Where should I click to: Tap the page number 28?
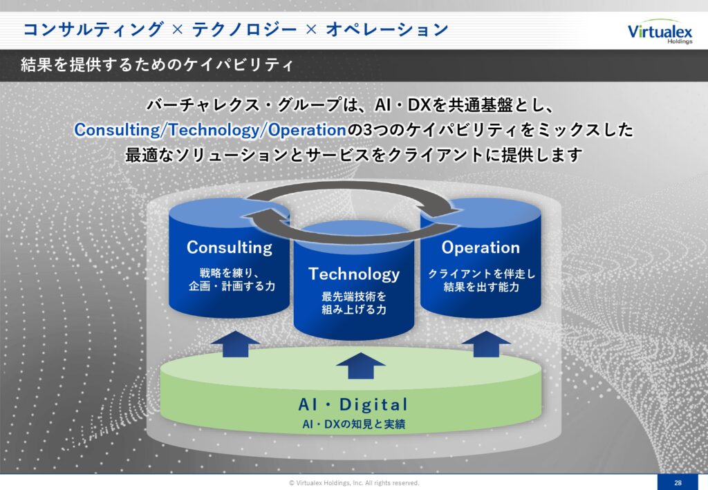[x=678, y=482]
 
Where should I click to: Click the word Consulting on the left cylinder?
[x=230, y=247]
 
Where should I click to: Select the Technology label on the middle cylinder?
[x=354, y=274]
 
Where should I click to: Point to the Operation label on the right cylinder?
[x=481, y=247]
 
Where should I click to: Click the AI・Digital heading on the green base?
[x=353, y=404]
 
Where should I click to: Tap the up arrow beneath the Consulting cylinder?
[x=235, y=343]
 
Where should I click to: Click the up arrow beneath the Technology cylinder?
[x=361, y=366]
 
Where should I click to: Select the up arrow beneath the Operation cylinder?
[x=486, y=343]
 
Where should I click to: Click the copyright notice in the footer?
[x=354, y=483]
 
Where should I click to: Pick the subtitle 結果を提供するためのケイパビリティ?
[x=157, y=65]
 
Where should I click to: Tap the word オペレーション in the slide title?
[x=387, y=29]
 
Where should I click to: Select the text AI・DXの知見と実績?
[x=353, y=424]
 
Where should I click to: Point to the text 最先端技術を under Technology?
[x=354, y=296]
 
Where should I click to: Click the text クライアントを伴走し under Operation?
[x=481, y=274]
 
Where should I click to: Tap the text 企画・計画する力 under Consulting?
[x=232, y=286]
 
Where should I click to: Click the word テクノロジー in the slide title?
[x=244, y=29]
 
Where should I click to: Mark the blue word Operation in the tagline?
[x=307, y=130]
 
